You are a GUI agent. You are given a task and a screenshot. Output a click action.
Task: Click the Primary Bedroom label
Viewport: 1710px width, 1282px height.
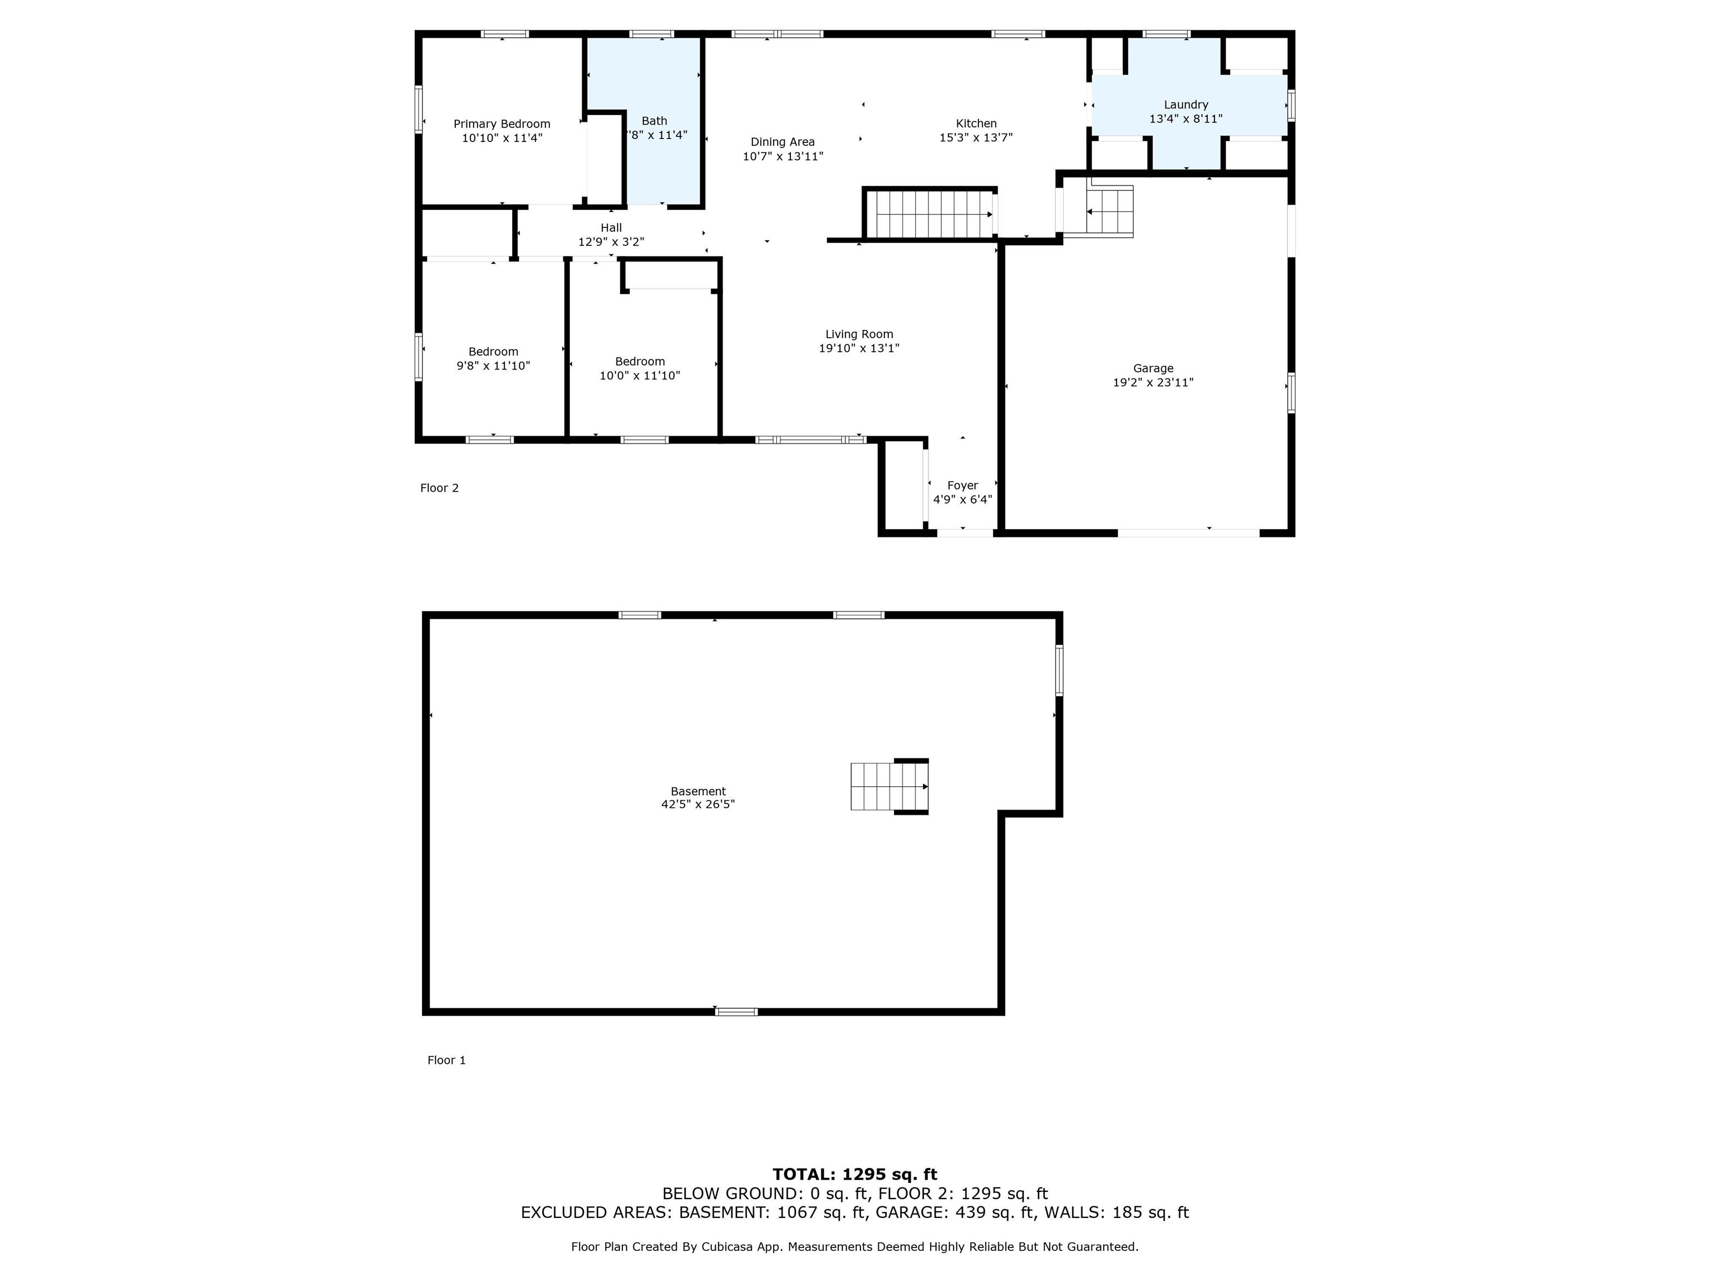tap(502, 124)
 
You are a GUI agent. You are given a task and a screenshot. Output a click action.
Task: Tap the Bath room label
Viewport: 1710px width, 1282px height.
tap(654, 121)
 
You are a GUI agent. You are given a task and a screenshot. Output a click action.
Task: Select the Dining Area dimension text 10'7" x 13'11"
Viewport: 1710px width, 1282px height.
tap(783, 156)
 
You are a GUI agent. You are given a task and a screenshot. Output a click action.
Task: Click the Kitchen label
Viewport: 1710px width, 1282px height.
tap(976, 124)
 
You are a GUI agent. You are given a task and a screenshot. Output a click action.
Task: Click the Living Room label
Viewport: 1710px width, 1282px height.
tap(859, 334)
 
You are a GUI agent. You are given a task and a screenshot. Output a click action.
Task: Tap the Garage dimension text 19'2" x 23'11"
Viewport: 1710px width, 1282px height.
tap(1153, 382)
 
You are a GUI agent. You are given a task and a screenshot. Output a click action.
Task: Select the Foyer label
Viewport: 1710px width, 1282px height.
tap(962, 485)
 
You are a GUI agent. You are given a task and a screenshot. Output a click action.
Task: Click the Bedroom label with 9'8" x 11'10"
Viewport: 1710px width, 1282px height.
tap(493, 352)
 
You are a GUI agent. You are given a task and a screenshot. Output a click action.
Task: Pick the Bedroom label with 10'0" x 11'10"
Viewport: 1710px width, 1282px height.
tap(640, 362)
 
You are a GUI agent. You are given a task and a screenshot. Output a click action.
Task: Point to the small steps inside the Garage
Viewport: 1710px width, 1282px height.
tap(1109, 211)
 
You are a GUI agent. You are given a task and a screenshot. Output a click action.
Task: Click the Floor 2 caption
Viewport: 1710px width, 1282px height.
tap(439, 487)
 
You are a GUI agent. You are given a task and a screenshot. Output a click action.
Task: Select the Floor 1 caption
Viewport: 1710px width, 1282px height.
tap(447, 1060)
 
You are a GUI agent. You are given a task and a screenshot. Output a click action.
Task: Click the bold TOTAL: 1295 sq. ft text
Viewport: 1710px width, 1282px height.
tap(855, 1175)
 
